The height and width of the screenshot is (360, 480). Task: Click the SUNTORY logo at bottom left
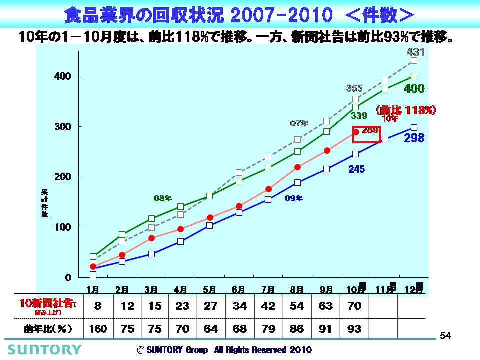coord(43,349)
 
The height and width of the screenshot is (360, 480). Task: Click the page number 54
coord(445,336)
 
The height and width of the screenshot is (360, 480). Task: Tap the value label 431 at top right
coord(415,52)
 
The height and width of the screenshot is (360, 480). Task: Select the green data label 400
coord(414,89)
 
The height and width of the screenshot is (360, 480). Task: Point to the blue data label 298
coord(414,138)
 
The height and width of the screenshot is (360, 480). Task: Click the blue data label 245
coord(356,169)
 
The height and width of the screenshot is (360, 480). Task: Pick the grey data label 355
coord(354,88)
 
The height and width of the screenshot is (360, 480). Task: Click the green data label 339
coord(358,116)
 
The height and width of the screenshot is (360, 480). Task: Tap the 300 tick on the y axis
coord(63,127)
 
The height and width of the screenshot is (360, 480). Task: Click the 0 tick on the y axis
coord(68,277)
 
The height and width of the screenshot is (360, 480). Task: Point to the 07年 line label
coord(299,123)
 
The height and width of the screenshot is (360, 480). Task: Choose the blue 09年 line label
coord(293,198)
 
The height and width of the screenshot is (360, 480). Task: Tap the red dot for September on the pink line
coord(327,150)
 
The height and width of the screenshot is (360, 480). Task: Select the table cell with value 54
coord(297,306)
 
